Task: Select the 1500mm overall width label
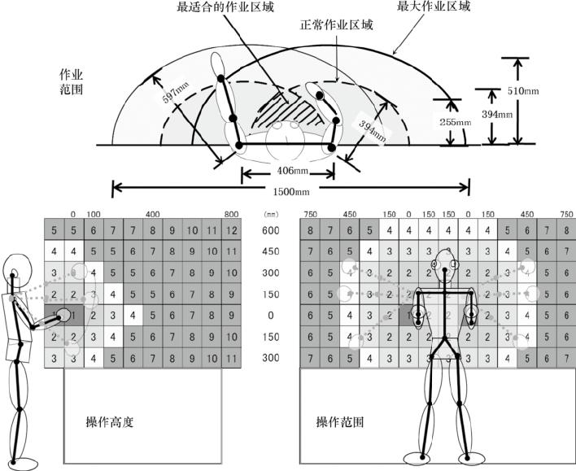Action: click(x=292, y=192)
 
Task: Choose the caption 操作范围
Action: click(x=340, y=423)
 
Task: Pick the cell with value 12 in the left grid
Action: click(x=233, y=230)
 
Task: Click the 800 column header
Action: click(x=232, y=213)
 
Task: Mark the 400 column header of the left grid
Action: click(x=153, y=213)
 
